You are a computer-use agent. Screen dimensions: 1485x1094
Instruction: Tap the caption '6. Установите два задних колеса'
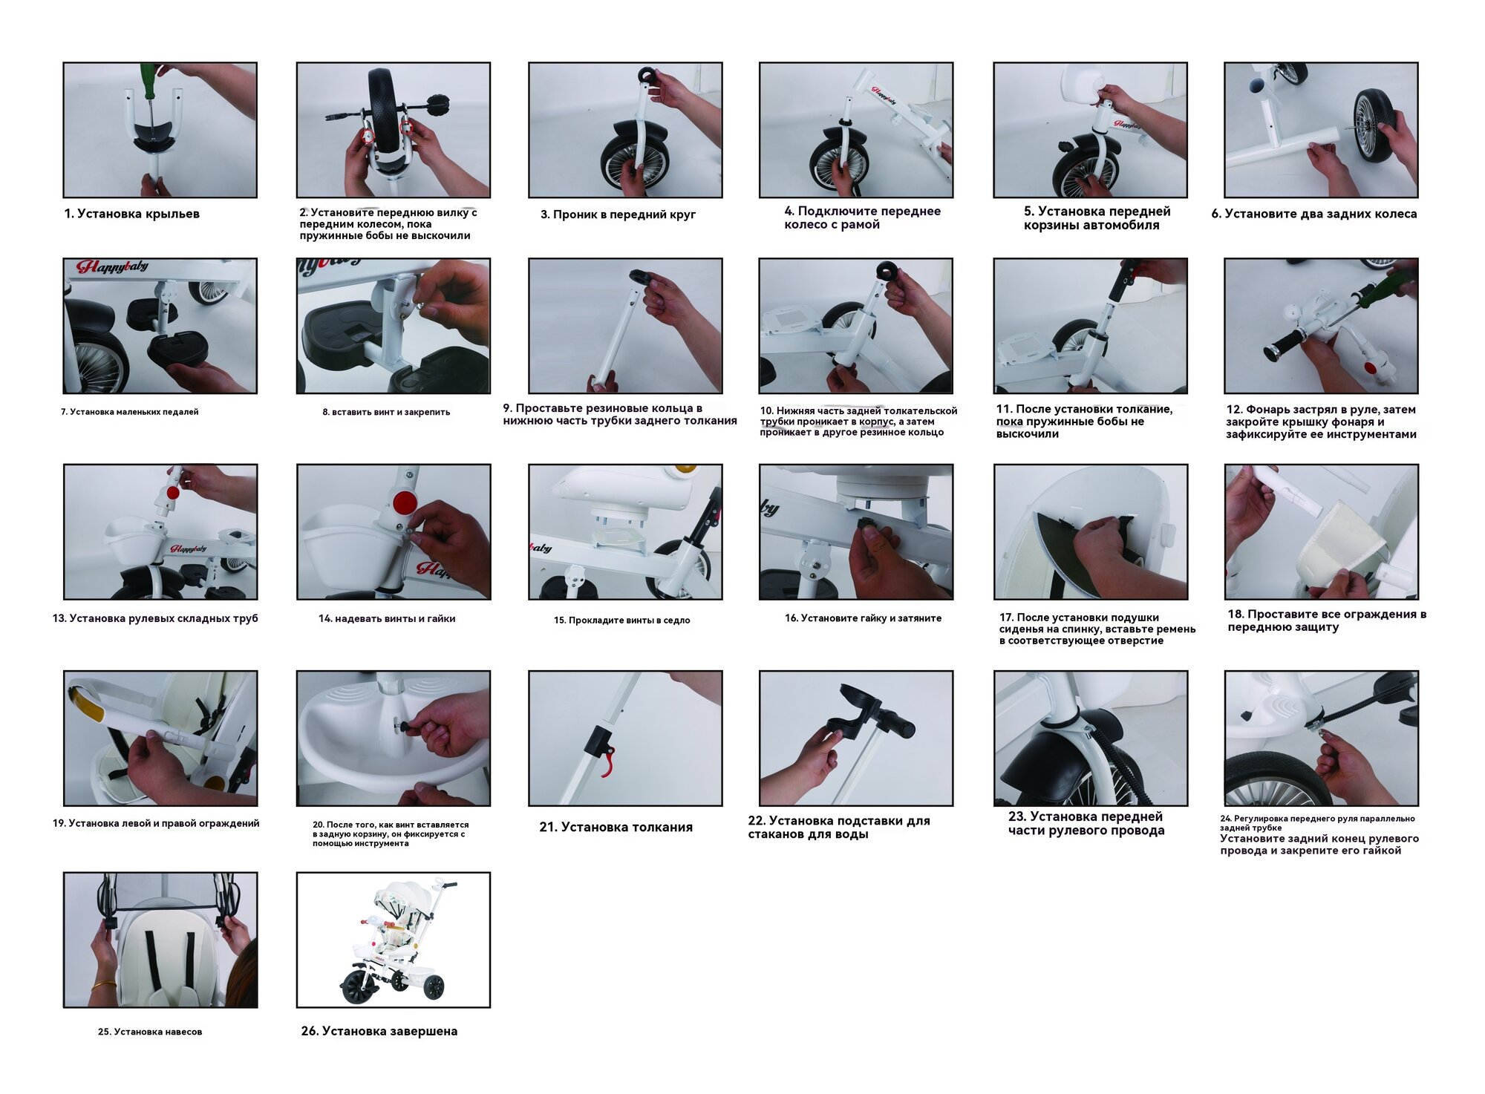pyautogui.click(x=1314, y=214)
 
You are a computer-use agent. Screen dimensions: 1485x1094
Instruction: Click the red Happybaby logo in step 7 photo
pyautogui.click(x=113, y=266)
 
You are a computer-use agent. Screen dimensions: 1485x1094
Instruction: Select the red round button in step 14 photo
pyautogui.click(x=404, y=502)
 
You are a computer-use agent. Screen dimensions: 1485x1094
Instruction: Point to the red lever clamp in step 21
pyautogui.click(x=607, y=762)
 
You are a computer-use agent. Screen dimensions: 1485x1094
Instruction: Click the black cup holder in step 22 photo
pyautogui.click(x=854, y=710)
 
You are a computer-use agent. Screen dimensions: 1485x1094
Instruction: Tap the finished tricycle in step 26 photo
pyautogui.click(x=394, y=940)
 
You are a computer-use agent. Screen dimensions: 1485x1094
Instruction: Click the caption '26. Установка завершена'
pyautogui.click(x=379, y=1031)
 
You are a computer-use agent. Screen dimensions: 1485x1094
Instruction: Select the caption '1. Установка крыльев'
pyautogui.click(x=131, y=214)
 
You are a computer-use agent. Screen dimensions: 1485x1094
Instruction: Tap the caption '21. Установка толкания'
pyautogui.click(x=616, y=827)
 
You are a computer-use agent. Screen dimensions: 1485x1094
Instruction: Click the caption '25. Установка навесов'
pyautogui.click(x=150, y=1032)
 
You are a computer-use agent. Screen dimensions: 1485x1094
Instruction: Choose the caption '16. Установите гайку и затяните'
pyautogui.click(x=863, y=618)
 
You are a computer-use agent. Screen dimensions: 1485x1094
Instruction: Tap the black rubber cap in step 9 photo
pyautogui.click(x=641, y=278)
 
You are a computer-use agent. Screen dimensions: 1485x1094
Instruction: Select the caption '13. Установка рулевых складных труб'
pyautogui.click(x=155, y=618)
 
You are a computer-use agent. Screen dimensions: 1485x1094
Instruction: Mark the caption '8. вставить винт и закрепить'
pyautogui.click(x=386, y=412)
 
